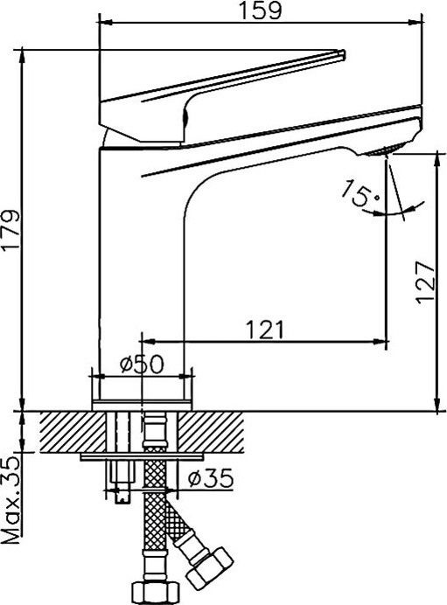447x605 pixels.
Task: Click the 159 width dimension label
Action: [261, 10]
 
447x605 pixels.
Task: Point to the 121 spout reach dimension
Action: [265, 330]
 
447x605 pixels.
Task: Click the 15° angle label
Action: [359, 192]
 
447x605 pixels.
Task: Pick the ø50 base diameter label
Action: [142, 364]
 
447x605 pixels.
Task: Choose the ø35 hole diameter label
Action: [211, 478]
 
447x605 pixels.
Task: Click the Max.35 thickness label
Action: [10, 500]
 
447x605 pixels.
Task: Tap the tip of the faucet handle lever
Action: [342, 53]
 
